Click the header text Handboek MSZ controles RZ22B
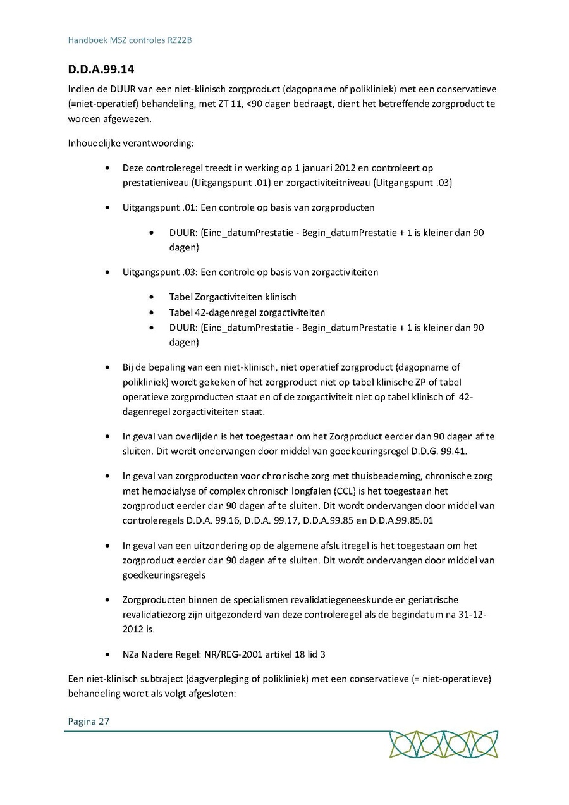point(130,40)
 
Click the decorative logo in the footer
point(444,744)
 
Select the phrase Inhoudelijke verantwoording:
point(130,143)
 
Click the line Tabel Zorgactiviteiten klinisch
point(233,297)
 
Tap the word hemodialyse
point(169,491)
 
